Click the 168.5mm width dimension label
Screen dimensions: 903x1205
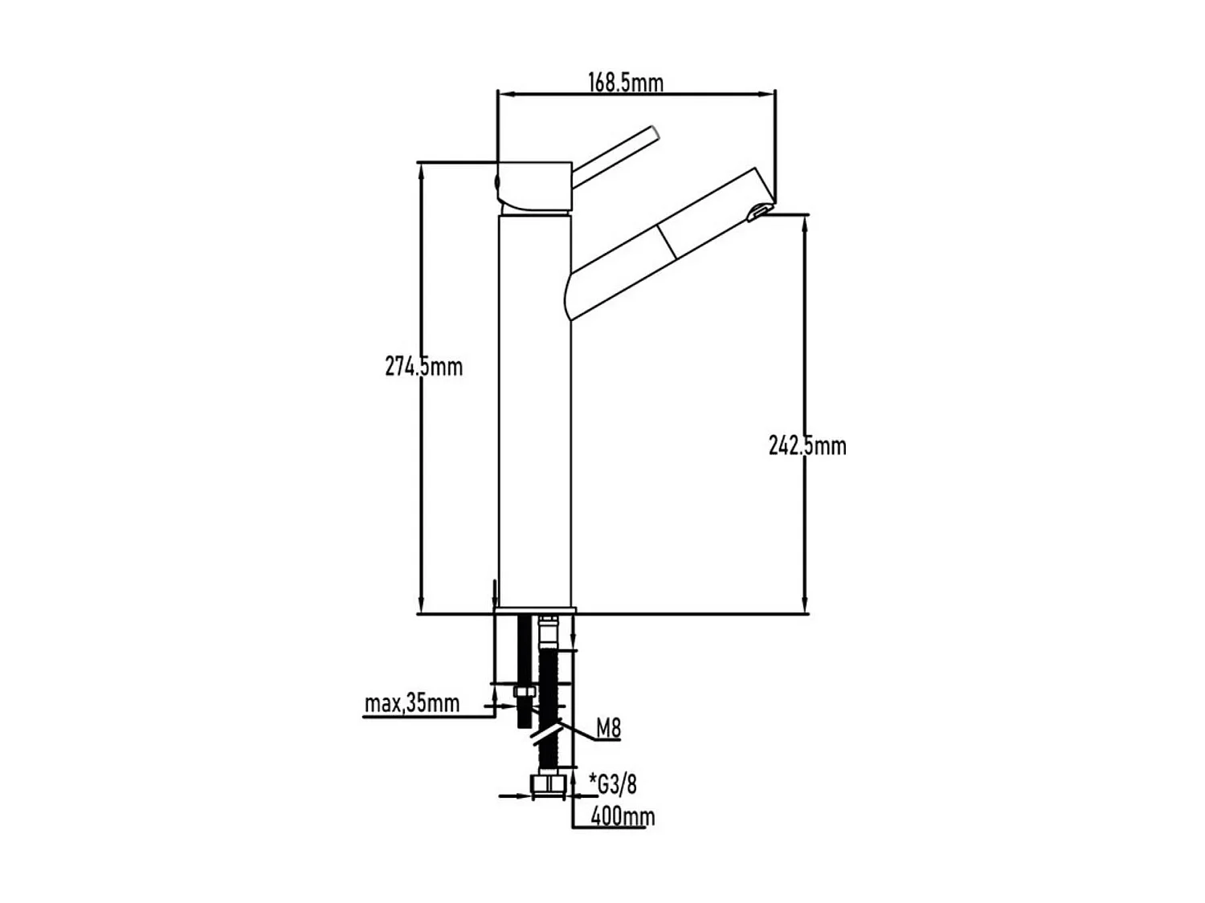click(626, 82)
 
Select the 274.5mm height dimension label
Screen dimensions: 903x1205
click(424, 367)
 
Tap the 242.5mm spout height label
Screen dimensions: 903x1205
click(807, 445)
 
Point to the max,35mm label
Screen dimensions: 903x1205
click(412, 704)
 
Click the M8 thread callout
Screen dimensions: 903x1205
click(608, 729)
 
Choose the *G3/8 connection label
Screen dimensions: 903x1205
click(613, 783)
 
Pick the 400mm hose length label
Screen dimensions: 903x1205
click(623, 816)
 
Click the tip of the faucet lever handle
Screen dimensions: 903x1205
click(655, 132)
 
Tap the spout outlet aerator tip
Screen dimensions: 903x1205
click(757, 212)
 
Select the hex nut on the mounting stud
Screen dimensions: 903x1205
click(524, 693)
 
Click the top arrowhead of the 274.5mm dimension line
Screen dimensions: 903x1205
click(419, 169)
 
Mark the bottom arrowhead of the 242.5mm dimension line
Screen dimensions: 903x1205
click(804, 608)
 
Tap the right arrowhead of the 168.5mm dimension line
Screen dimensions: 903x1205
click(770, 94)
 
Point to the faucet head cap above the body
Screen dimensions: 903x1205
click(533, 188)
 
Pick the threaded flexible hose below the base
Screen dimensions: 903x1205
click(549, 706)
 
